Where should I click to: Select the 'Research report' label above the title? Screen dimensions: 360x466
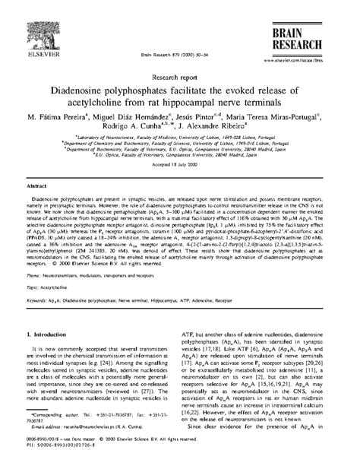(178, 76)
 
